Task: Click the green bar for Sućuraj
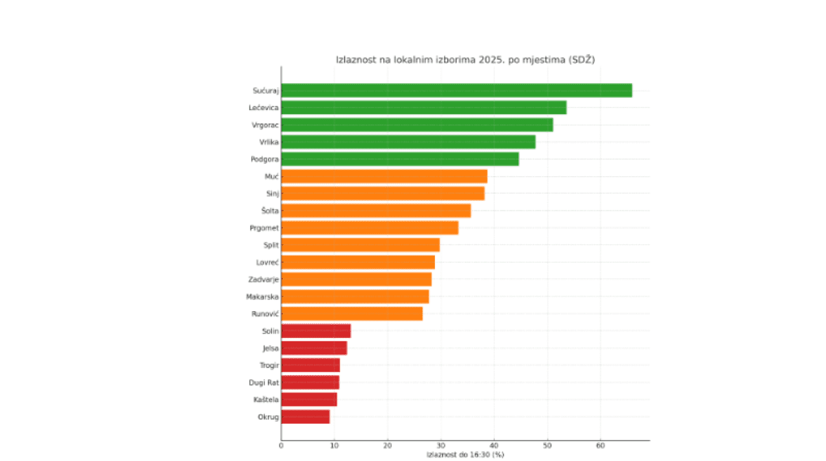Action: click(456, 90)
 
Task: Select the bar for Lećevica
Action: click(423, 107)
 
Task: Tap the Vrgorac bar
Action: click(416, 125)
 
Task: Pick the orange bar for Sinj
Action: click(383, 193)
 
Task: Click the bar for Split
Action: click(360, 245)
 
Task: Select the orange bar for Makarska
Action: click(354, 297)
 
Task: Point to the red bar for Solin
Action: click(316, 331)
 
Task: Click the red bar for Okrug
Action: click(305, 417)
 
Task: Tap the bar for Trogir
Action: click(310, 365)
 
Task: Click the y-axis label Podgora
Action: click(263, 159)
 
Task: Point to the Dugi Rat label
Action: click(263, 383)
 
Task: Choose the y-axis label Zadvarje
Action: click(262, 279)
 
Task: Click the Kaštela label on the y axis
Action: click(265, 400)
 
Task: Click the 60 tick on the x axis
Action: click(600, 446)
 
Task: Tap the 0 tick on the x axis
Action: click(281, 446)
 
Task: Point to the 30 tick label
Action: click(441, 446)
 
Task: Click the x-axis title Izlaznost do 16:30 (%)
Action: click(465, 455)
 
